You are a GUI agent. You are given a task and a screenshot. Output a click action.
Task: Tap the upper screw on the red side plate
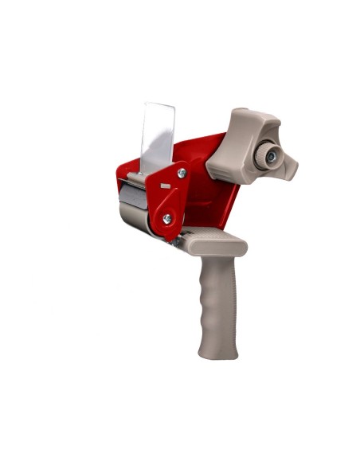tap(182, 173)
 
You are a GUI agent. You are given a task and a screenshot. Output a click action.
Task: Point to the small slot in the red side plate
tap(165, 186)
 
